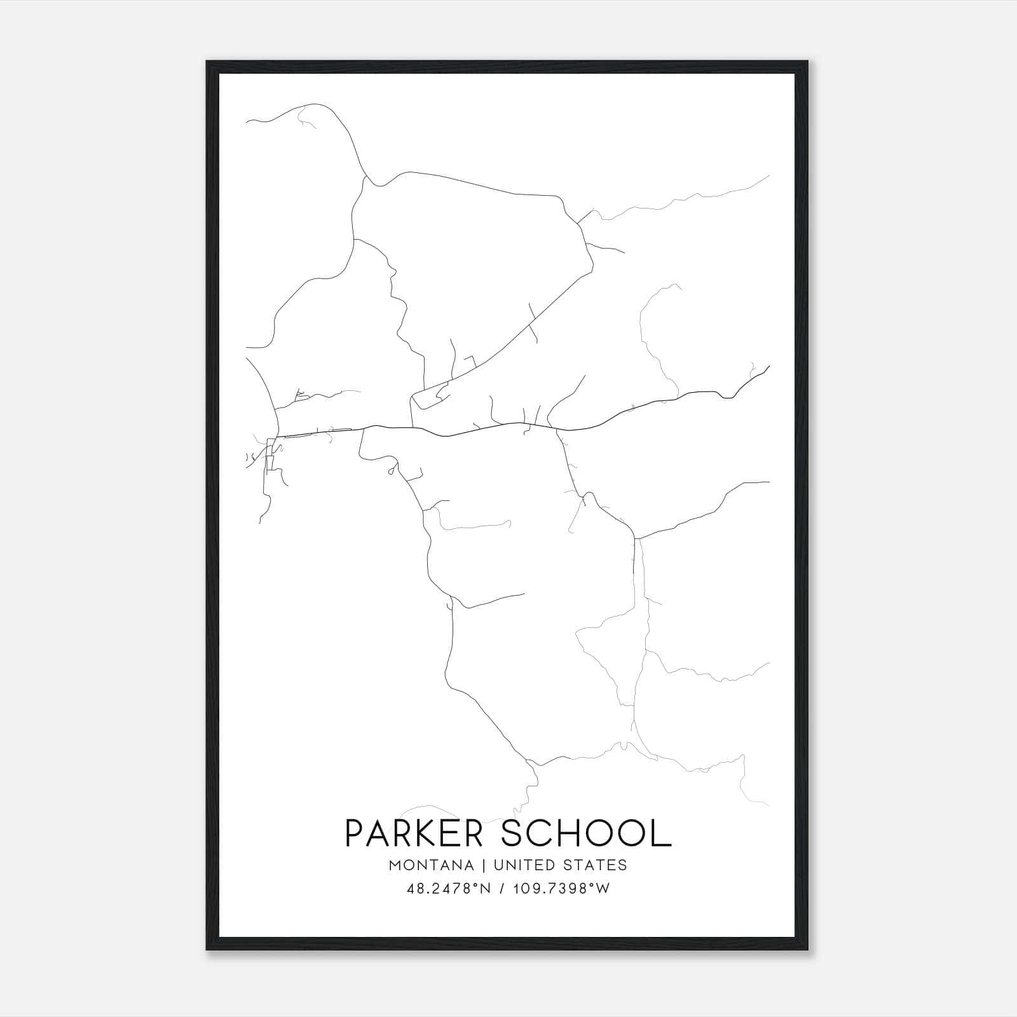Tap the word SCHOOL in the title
point(586,833)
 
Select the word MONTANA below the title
point(431,865)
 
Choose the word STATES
point(596,865)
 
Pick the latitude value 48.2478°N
point(447,889)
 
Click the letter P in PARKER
point(355,833)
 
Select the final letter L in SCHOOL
point(662,833)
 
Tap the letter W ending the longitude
point(604,889)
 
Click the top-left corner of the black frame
point(207,62)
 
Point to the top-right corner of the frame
point(807,62)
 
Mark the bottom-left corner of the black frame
point(207,950)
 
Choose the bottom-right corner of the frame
point(807,950)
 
